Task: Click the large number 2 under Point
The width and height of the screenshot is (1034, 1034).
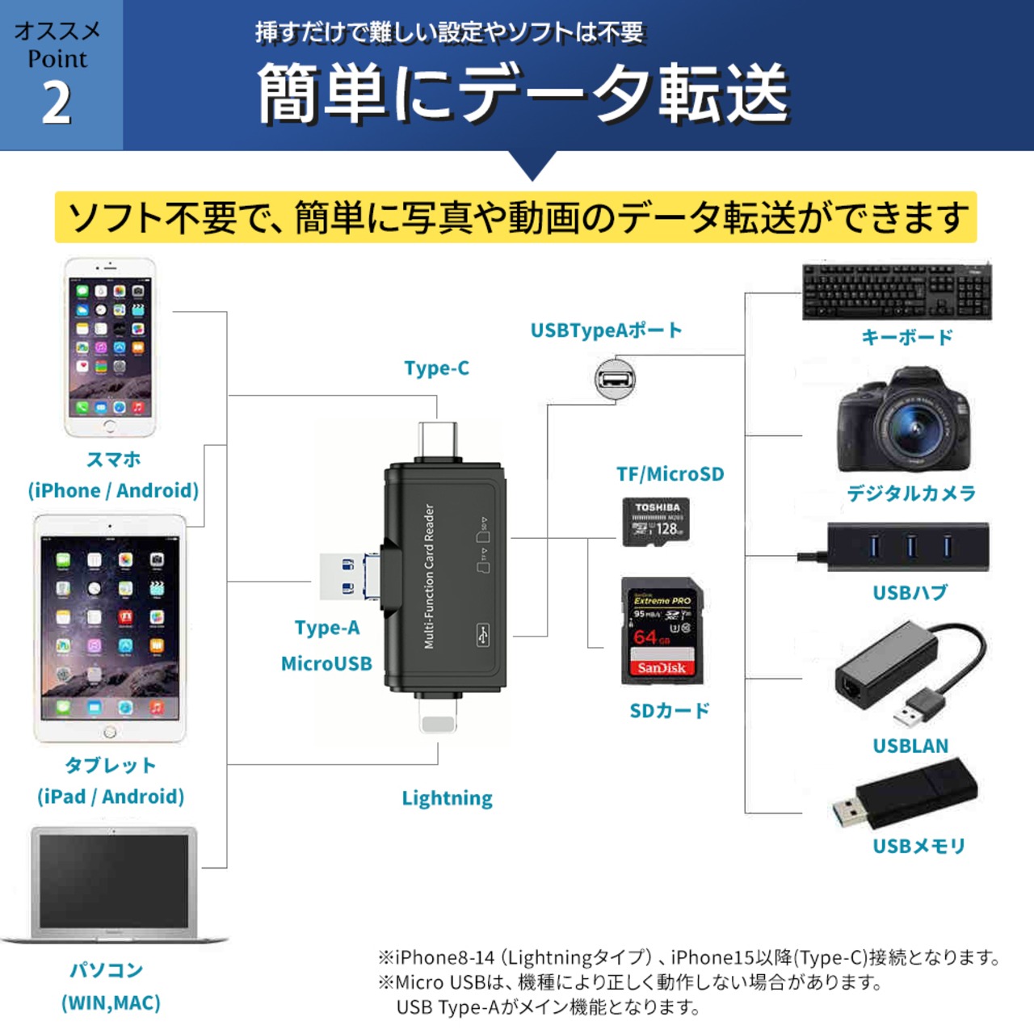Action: pyautogui.click(x=57, y=104)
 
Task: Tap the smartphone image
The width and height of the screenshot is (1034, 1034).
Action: pyautogui.click(x=110, y=347)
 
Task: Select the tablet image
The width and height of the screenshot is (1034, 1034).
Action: pyautogui.click(x=110, y=628)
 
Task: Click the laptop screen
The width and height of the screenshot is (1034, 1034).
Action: pyautogui.click(x=114, y=881)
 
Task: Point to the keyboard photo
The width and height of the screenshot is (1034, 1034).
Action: pyautogui.click(x=897, y=292)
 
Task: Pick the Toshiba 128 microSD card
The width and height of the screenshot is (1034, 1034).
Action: pyautogui.click(x=655, y=521)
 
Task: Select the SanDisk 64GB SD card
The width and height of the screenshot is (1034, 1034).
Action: pyautogui.click(x=662, y=630)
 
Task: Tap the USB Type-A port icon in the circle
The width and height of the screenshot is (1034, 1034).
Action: pyautogui.click(x=616, y=379)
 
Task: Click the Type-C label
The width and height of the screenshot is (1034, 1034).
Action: pyautogui.click(x=436, y=368)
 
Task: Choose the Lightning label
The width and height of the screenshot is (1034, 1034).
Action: pyautogui.click(x=447, y=798)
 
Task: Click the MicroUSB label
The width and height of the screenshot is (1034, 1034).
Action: pyautogui.click(x=326, y=663)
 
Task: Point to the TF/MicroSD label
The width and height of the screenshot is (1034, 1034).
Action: pyautogui.click(x=670, y=474)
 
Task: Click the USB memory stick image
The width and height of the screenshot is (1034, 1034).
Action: pyautogui.click(x=905, y=796)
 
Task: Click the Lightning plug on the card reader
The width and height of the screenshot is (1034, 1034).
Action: pyautogui.click(x=438, y=715)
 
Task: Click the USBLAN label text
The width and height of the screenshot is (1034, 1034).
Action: pyautogui.click(x=910, y=746)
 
